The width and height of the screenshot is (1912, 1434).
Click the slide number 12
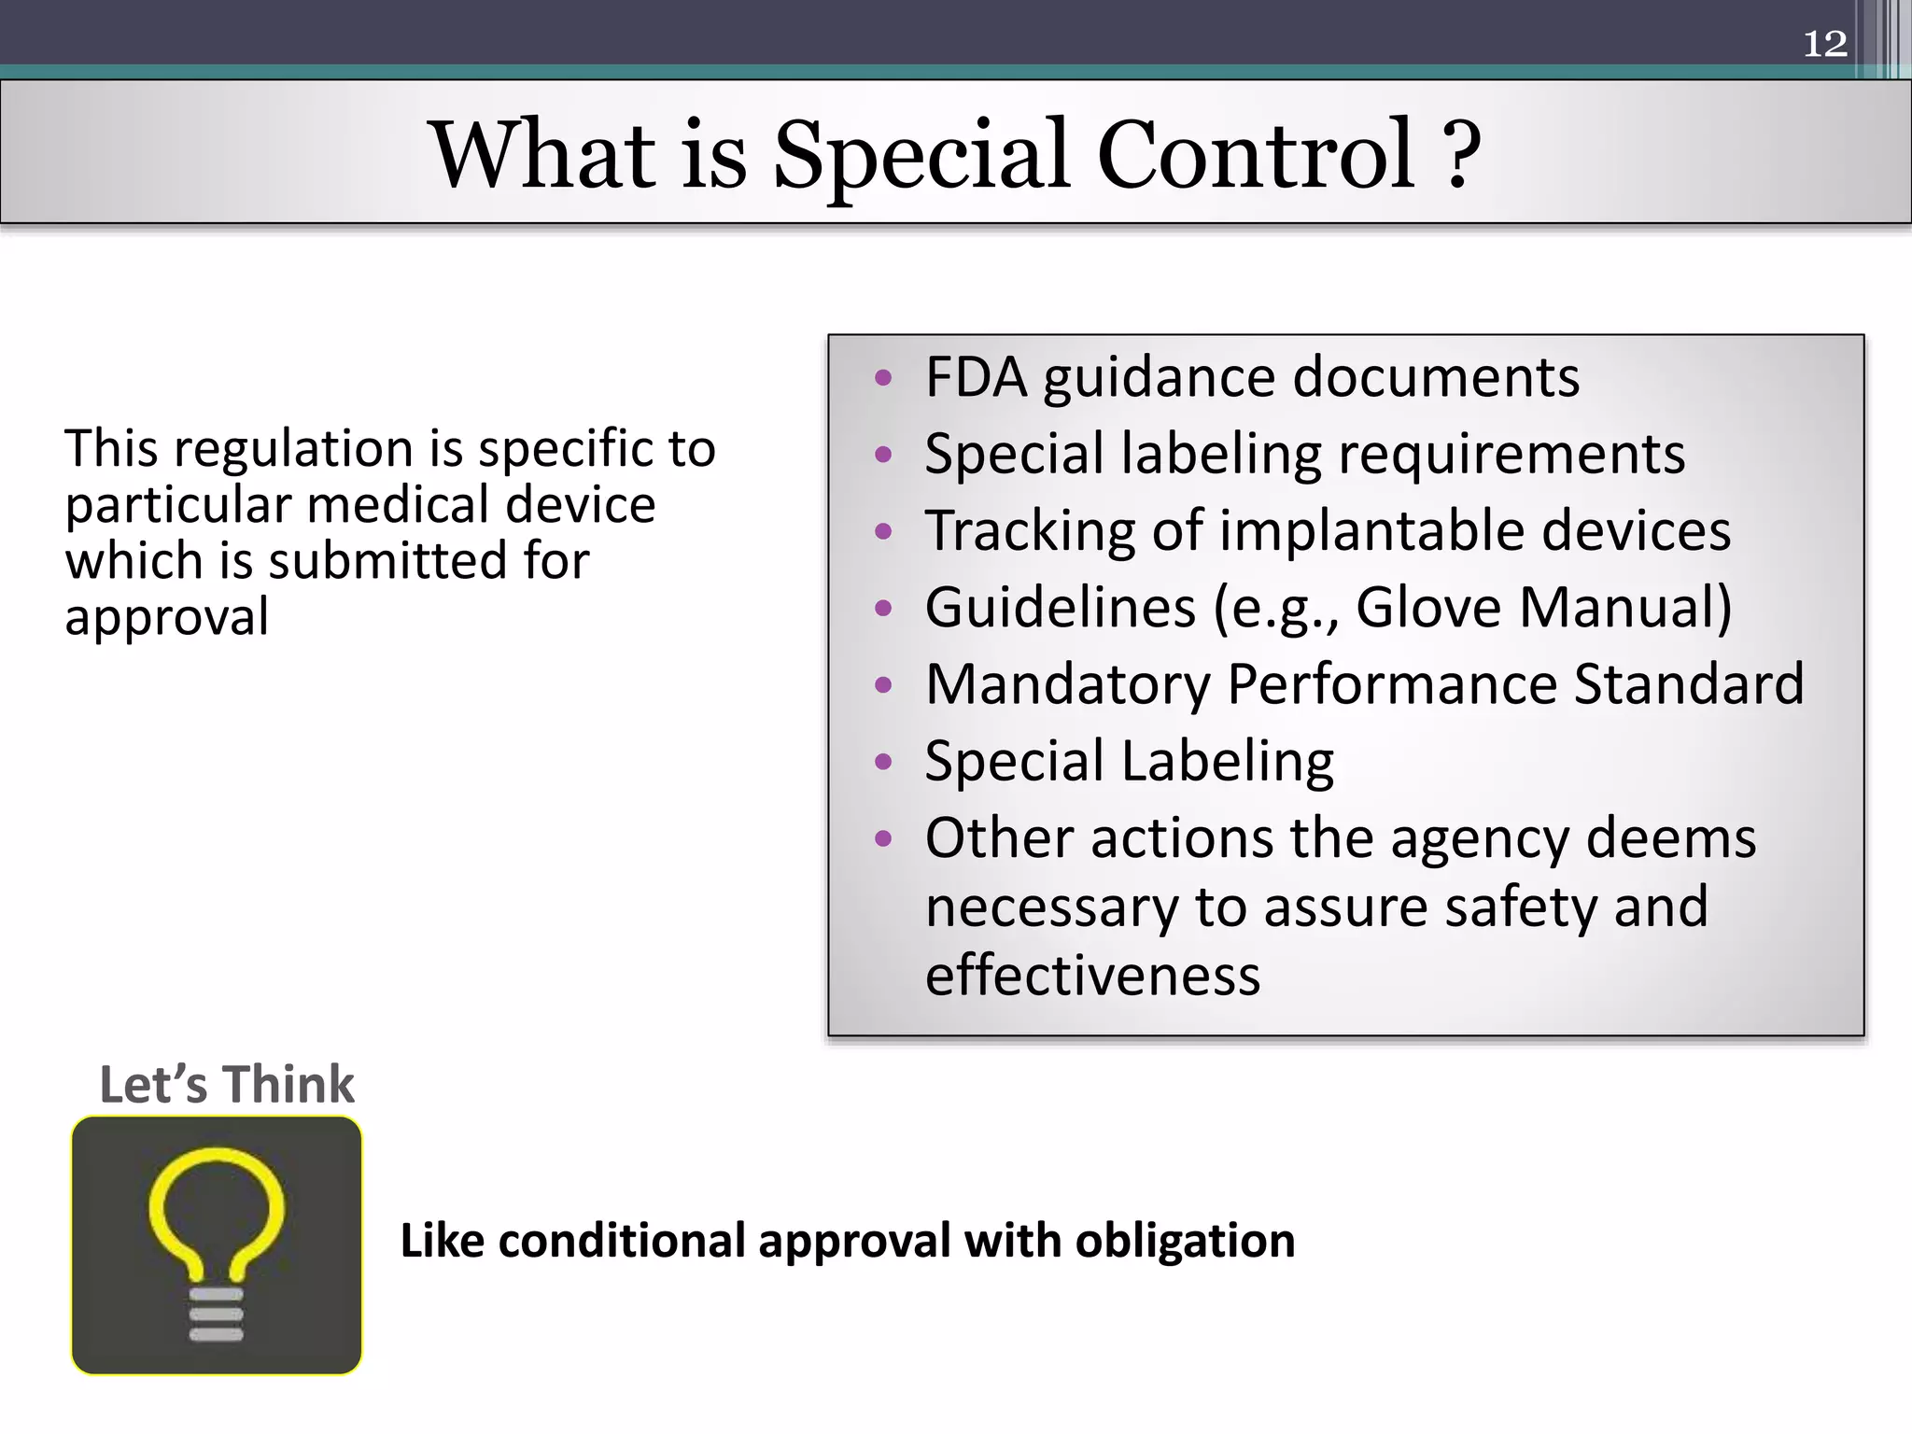click(x=1824, y=44)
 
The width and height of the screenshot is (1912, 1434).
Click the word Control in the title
click(x=1255, y=154)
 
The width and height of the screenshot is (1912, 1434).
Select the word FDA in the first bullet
click(x=976, y=377)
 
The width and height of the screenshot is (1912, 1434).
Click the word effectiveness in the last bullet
click(x=1092, y=976)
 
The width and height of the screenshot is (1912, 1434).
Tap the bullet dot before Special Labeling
click(x=883, y=762)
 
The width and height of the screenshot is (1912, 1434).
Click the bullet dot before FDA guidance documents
click(x=883, y=379)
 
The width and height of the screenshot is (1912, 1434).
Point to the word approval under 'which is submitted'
click(x=167, y=617)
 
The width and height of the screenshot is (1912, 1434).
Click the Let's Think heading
click(x=227, y=1085)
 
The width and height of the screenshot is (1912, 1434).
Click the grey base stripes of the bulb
click(x=217, y=1314)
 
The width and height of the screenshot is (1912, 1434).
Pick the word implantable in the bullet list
click(x=1372, y=532)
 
